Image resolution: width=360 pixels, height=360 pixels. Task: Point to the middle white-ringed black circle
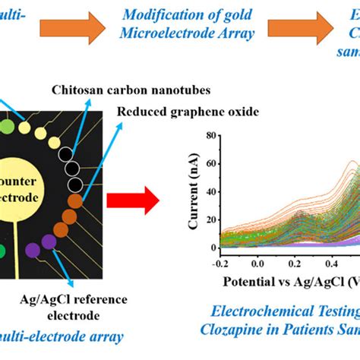tap(72, 168)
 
